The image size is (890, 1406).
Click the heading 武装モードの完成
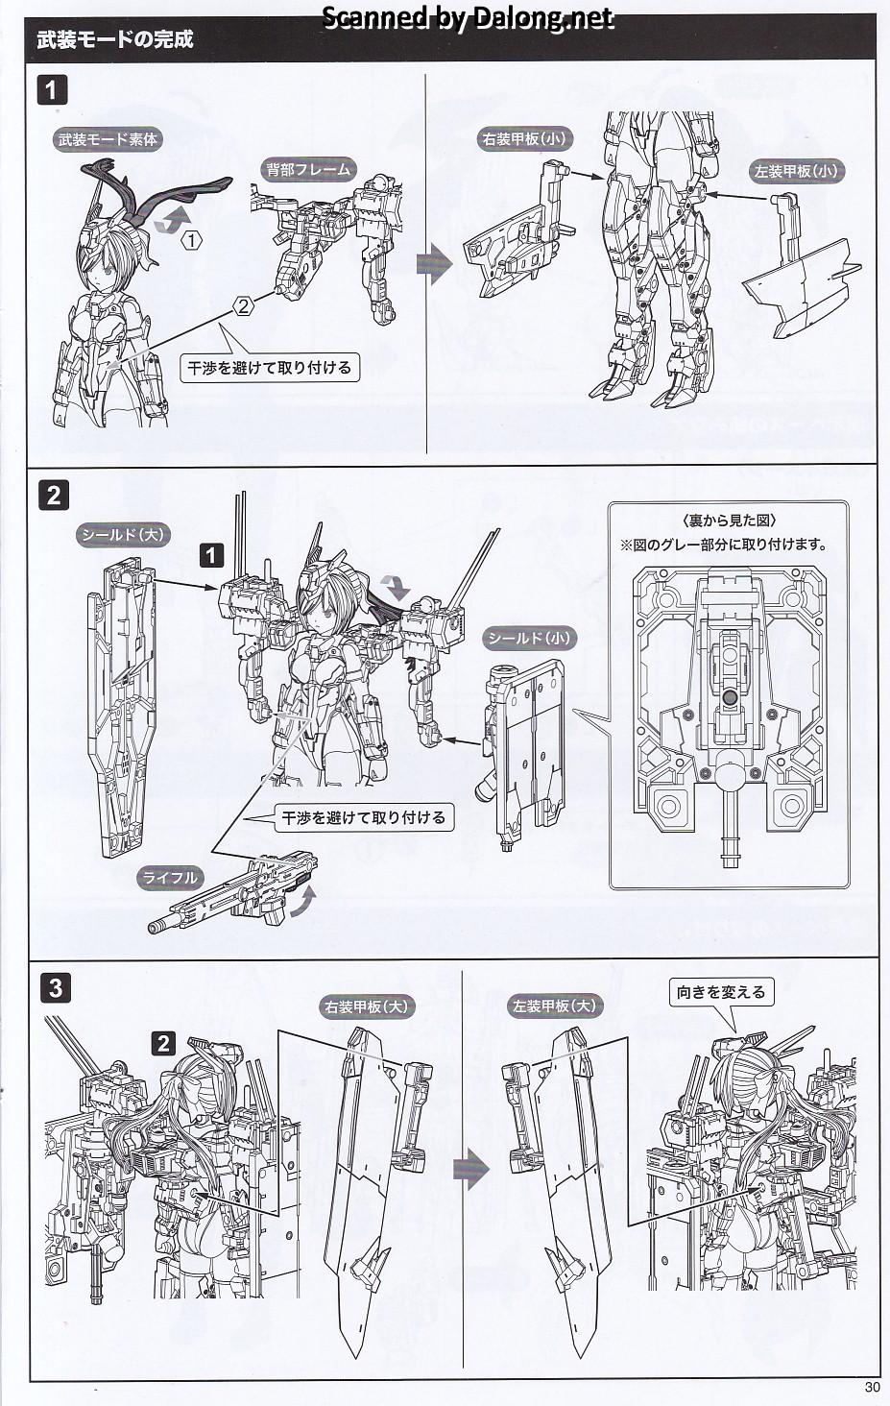pos(115,40)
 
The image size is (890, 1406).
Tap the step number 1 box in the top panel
pos(52,91)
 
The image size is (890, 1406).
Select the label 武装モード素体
pos(108,139)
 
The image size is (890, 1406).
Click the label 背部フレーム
pos(309,170)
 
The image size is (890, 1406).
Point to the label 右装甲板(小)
pos(524,138)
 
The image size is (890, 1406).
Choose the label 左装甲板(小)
pos(797,171)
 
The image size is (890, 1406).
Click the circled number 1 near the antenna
pos(192,240)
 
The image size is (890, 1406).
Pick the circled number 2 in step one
pos(244,305)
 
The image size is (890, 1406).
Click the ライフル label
pos(171,877)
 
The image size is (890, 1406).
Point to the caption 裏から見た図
pos(730,521)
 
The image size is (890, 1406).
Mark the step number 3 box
pos(55,987)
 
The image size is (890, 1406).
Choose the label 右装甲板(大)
pos(366,1006)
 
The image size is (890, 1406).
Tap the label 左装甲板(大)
pos(554,1006)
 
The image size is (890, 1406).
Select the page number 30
pos(872,1387)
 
